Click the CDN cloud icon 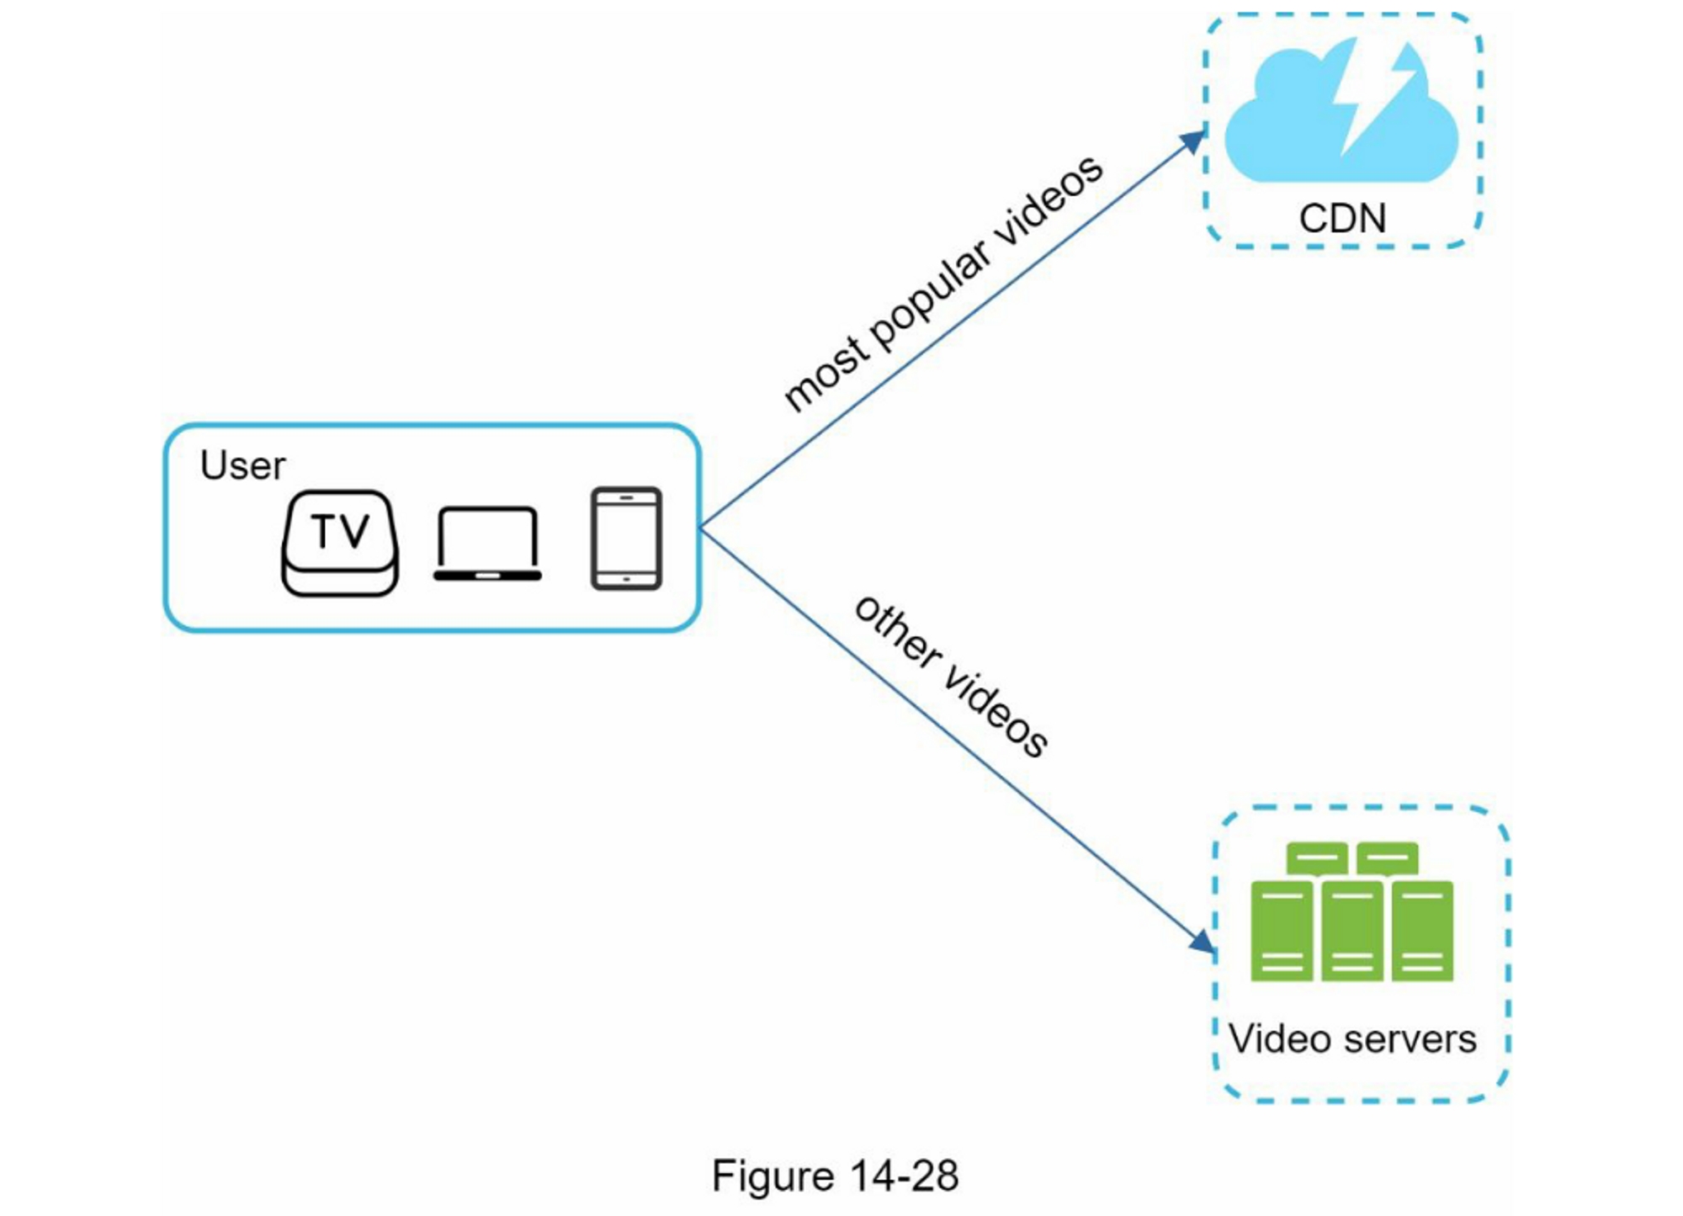(x=1279, y=126)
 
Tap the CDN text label (x=1342, y=219)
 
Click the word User (x=242, y=465)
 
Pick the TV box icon (x=340, y=544)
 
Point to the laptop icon (x=487, y=544)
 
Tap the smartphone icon (x=626, y=539)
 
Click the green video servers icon (x=1351, y=913)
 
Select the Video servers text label (x=1352, y=1039)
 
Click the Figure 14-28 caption (x=835, y=1176)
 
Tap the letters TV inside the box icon (x=340, y=531)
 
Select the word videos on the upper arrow (x=1048, y=207)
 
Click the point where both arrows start (x=700, y=528)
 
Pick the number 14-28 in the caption (x=904, y=1176)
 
